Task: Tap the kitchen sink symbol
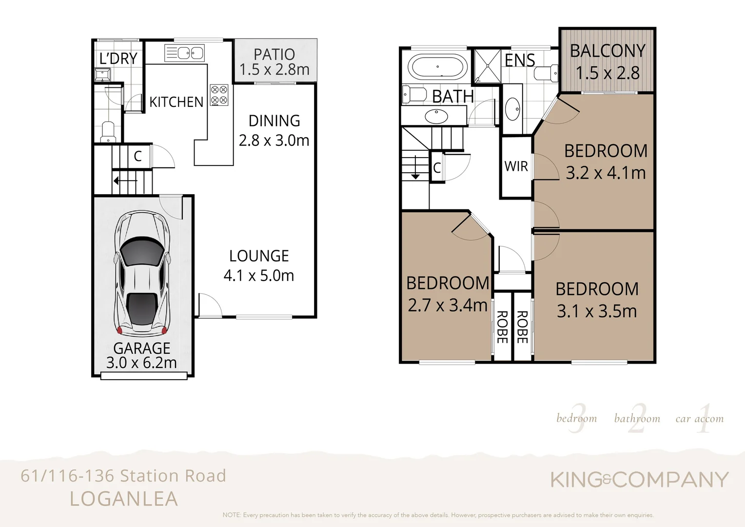[184, 53]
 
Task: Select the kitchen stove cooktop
[219, 95]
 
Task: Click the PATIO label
[274, 54]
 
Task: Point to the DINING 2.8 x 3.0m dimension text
[274, 141]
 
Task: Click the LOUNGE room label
[259, 256]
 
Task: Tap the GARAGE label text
[141, 348]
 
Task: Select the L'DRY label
[118, 59]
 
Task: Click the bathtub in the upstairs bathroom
[437, 67]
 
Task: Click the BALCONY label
[608, 51]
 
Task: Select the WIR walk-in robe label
[516, 166]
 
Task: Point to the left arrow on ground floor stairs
[125, 181]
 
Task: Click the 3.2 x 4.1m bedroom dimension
[606, 173]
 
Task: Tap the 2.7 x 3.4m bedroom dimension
[448, 305]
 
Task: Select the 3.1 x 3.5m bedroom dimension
[597, 311]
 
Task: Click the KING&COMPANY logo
[639, 480]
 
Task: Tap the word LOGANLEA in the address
[124, 499]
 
